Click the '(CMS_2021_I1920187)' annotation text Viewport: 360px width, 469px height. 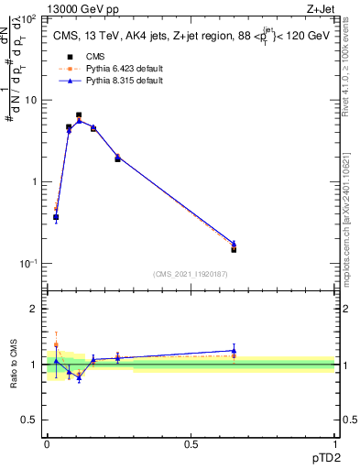tap(190, 273)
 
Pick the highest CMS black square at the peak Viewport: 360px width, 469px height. tap(80, 115)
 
